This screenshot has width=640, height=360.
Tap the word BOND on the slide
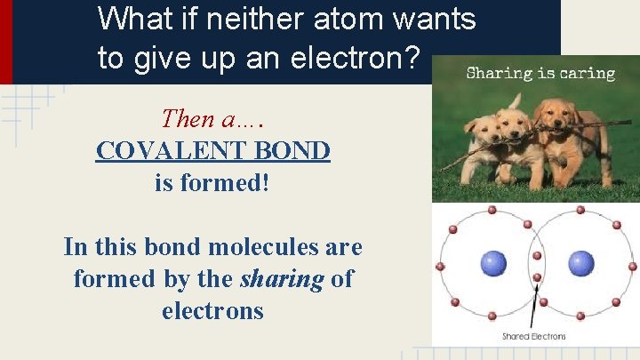point(297,150)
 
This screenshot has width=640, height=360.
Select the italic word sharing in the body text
point(282,279)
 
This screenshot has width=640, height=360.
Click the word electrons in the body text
point(212,311)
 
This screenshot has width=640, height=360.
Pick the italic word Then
point(188,118)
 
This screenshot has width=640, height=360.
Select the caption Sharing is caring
point(540,73)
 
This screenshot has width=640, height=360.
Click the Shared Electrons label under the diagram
point(534,336)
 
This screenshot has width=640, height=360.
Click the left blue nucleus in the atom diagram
point(493,263)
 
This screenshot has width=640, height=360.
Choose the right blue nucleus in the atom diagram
point(580,263)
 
